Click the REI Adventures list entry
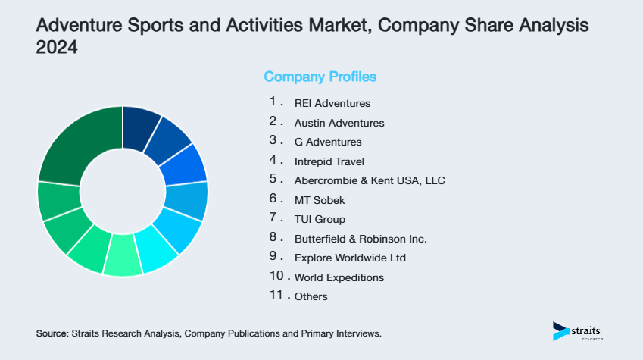[x=332, y=103]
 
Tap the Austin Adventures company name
[x=339, y=123]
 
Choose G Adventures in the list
[x=327, y=142]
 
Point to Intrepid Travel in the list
[x=329, y=161]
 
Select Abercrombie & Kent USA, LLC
[x=370, y=180]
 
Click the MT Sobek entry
[x=319, y=200]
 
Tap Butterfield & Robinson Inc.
[x=361, y=239]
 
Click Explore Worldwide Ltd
[x=350, y=258]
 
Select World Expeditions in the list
[x=339, y=277]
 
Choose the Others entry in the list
[x=311, y=296]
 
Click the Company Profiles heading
[x=320, y=77]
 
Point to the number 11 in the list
[x=276, y=296]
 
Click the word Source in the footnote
[x=51, y=333]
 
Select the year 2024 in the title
[x=57, y=47]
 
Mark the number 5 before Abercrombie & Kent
[x=273, y=180]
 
